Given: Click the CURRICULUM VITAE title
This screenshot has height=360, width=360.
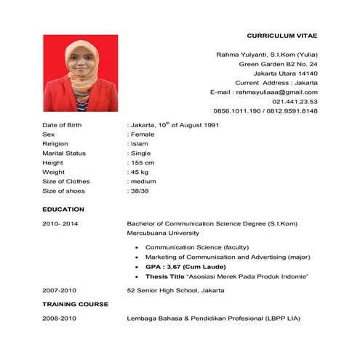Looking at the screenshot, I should (x=282, y=35).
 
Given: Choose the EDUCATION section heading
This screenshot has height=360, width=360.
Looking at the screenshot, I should (x=63, y=209).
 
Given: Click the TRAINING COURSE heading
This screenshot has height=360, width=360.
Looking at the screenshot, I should (x=76, y=304).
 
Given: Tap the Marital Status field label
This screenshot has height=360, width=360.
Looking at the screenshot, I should (x=64, y=153).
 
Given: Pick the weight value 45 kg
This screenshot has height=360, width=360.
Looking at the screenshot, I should (x=139, y=172).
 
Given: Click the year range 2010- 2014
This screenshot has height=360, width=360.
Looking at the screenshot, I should (x=60, y=223).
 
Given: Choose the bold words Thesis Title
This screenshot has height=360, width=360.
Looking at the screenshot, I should (x=164, y=276).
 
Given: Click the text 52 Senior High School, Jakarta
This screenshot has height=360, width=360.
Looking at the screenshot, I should (x=175, y=290).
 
